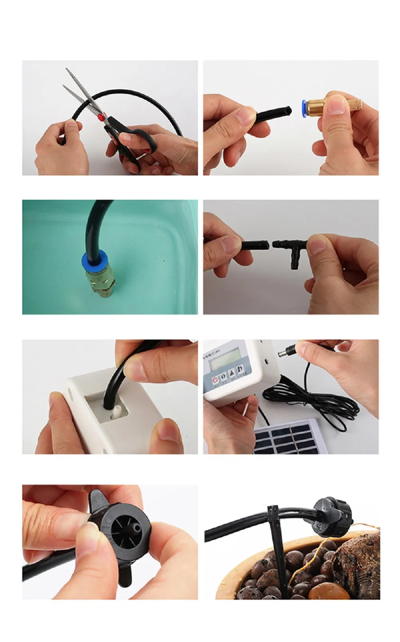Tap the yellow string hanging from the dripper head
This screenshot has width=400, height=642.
[x=303, y=560]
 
